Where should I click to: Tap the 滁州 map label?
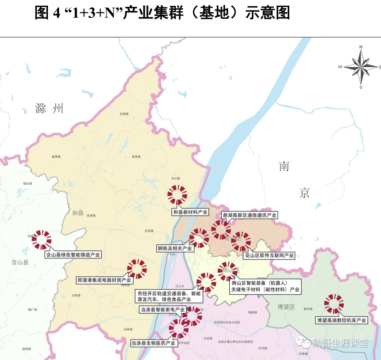pos(49,108)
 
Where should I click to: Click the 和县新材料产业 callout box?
pos(190,212)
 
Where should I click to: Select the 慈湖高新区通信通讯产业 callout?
pos(249,215)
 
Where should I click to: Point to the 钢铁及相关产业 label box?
pos(175,248)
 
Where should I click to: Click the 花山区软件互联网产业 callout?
pos(269,255)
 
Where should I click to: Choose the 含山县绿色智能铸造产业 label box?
pos(73,254)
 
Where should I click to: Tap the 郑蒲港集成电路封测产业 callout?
pos(104,280)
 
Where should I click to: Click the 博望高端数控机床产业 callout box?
pos(341,320)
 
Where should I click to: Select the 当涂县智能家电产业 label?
pos(163,310)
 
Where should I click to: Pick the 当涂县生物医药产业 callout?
pos(153,343)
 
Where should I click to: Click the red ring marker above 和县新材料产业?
pos(177,195)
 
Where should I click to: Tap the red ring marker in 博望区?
pos(334,304)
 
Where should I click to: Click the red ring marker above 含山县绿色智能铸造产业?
pos(42,240)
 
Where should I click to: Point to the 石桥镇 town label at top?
pos(124,114)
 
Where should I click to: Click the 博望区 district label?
pos(286,307)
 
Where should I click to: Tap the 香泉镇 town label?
pos(136,157)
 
